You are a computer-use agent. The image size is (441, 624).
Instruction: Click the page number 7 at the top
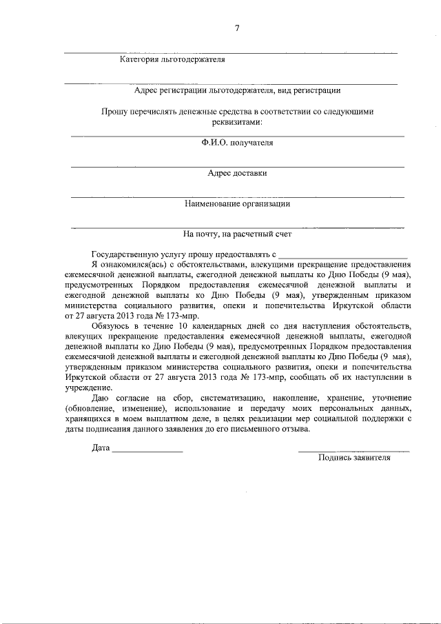[236, 28]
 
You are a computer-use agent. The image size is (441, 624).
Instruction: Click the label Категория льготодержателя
[172, 60]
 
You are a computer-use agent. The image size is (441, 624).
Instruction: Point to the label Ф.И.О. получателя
[237, 143]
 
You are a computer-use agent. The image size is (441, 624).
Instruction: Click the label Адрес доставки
[237, 174]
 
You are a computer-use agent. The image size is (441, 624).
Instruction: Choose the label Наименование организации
[237, 203]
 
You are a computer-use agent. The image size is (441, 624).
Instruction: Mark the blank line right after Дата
[147, 450]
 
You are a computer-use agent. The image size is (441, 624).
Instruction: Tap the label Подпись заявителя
[354, 458]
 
